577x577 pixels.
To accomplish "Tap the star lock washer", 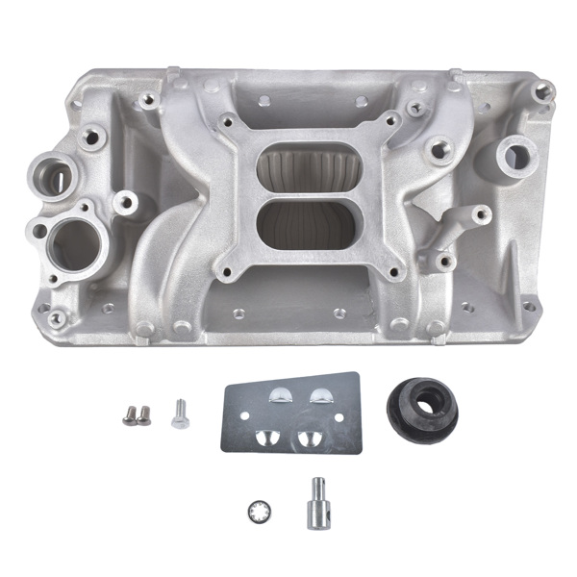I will [x=258, y=509].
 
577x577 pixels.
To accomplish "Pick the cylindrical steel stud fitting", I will [x=317, y=503].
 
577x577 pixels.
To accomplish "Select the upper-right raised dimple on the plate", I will [x=317, y=393].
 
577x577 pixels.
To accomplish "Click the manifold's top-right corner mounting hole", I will [x=545, y=92].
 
